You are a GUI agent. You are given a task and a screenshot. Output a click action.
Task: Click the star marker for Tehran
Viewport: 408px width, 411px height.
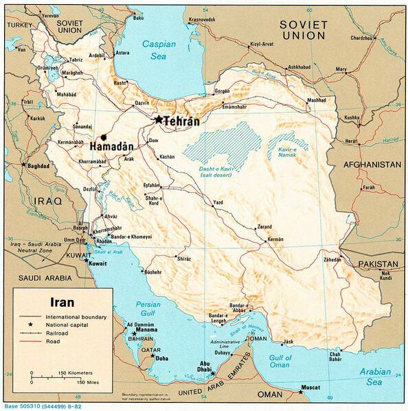point(159,119)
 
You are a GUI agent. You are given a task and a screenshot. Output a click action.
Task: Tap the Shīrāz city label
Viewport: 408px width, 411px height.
point(183,259)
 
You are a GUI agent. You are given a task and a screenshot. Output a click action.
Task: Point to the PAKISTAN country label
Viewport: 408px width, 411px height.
point(381,263)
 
